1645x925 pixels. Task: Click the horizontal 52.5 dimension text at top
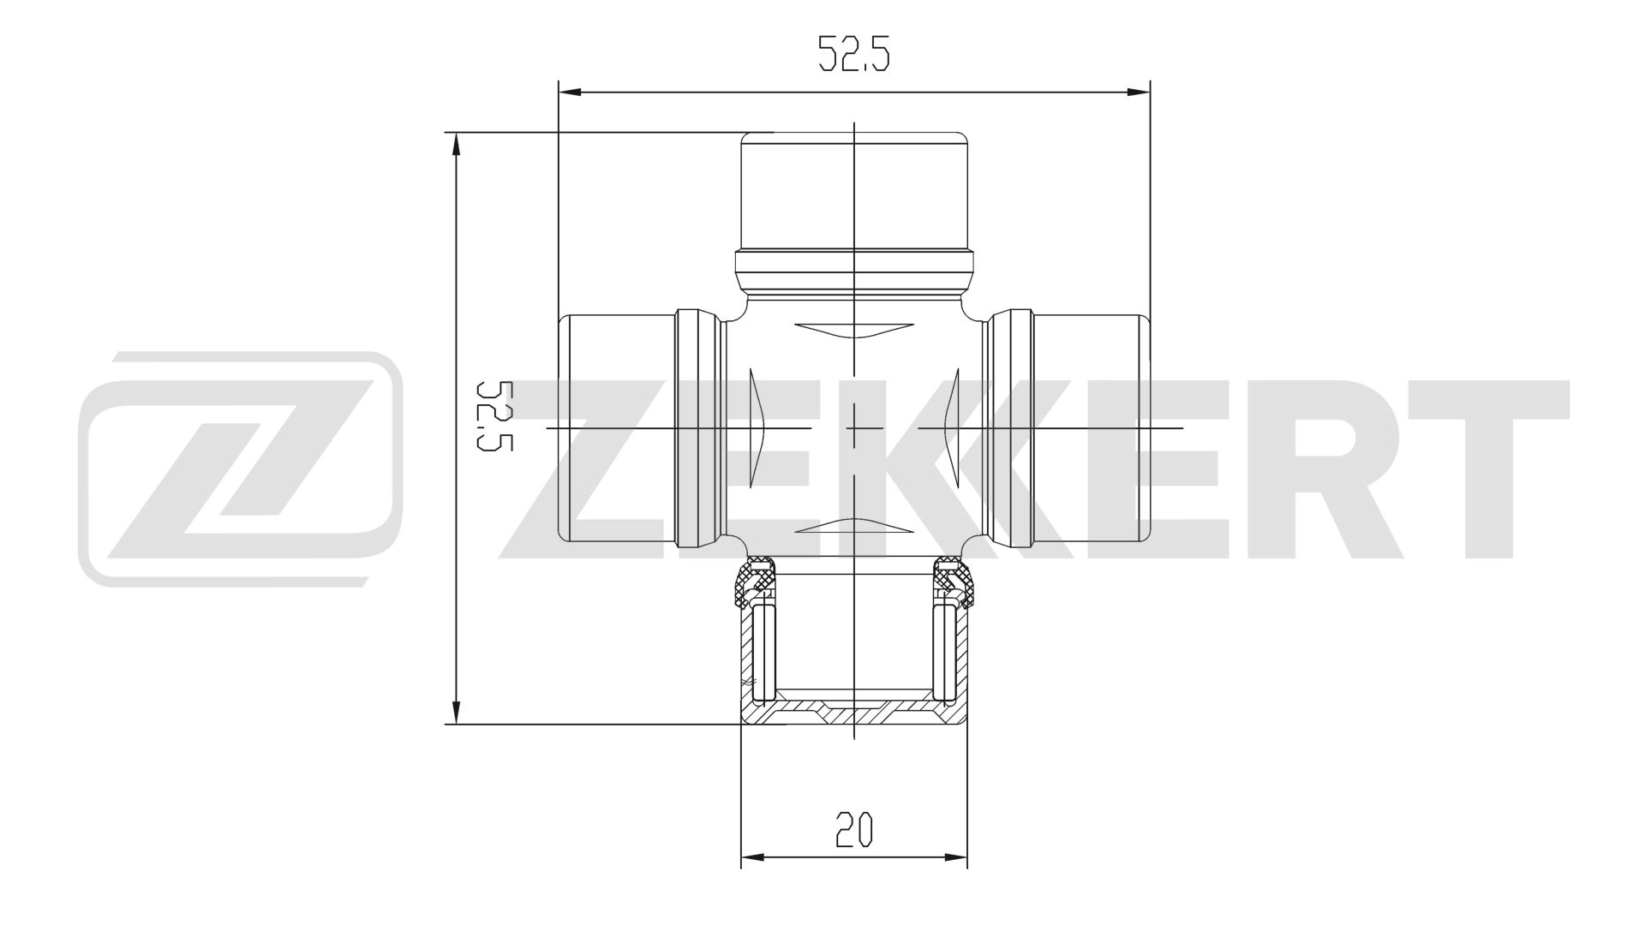(x=854, y=54)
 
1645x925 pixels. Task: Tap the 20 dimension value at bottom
(x=853, y=830)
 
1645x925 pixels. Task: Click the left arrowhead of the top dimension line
(x=569, y=92)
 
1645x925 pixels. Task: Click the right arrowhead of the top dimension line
(x=1138, y=92)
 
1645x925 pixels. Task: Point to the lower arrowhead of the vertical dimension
(x=457, y=712)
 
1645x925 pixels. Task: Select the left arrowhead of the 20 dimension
(x=752, y=856)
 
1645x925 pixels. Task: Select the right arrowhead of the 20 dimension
(x=956, y=856)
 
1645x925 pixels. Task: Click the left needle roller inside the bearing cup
(x=763, y=651)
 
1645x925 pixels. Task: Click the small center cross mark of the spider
(x=854, y=427)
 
